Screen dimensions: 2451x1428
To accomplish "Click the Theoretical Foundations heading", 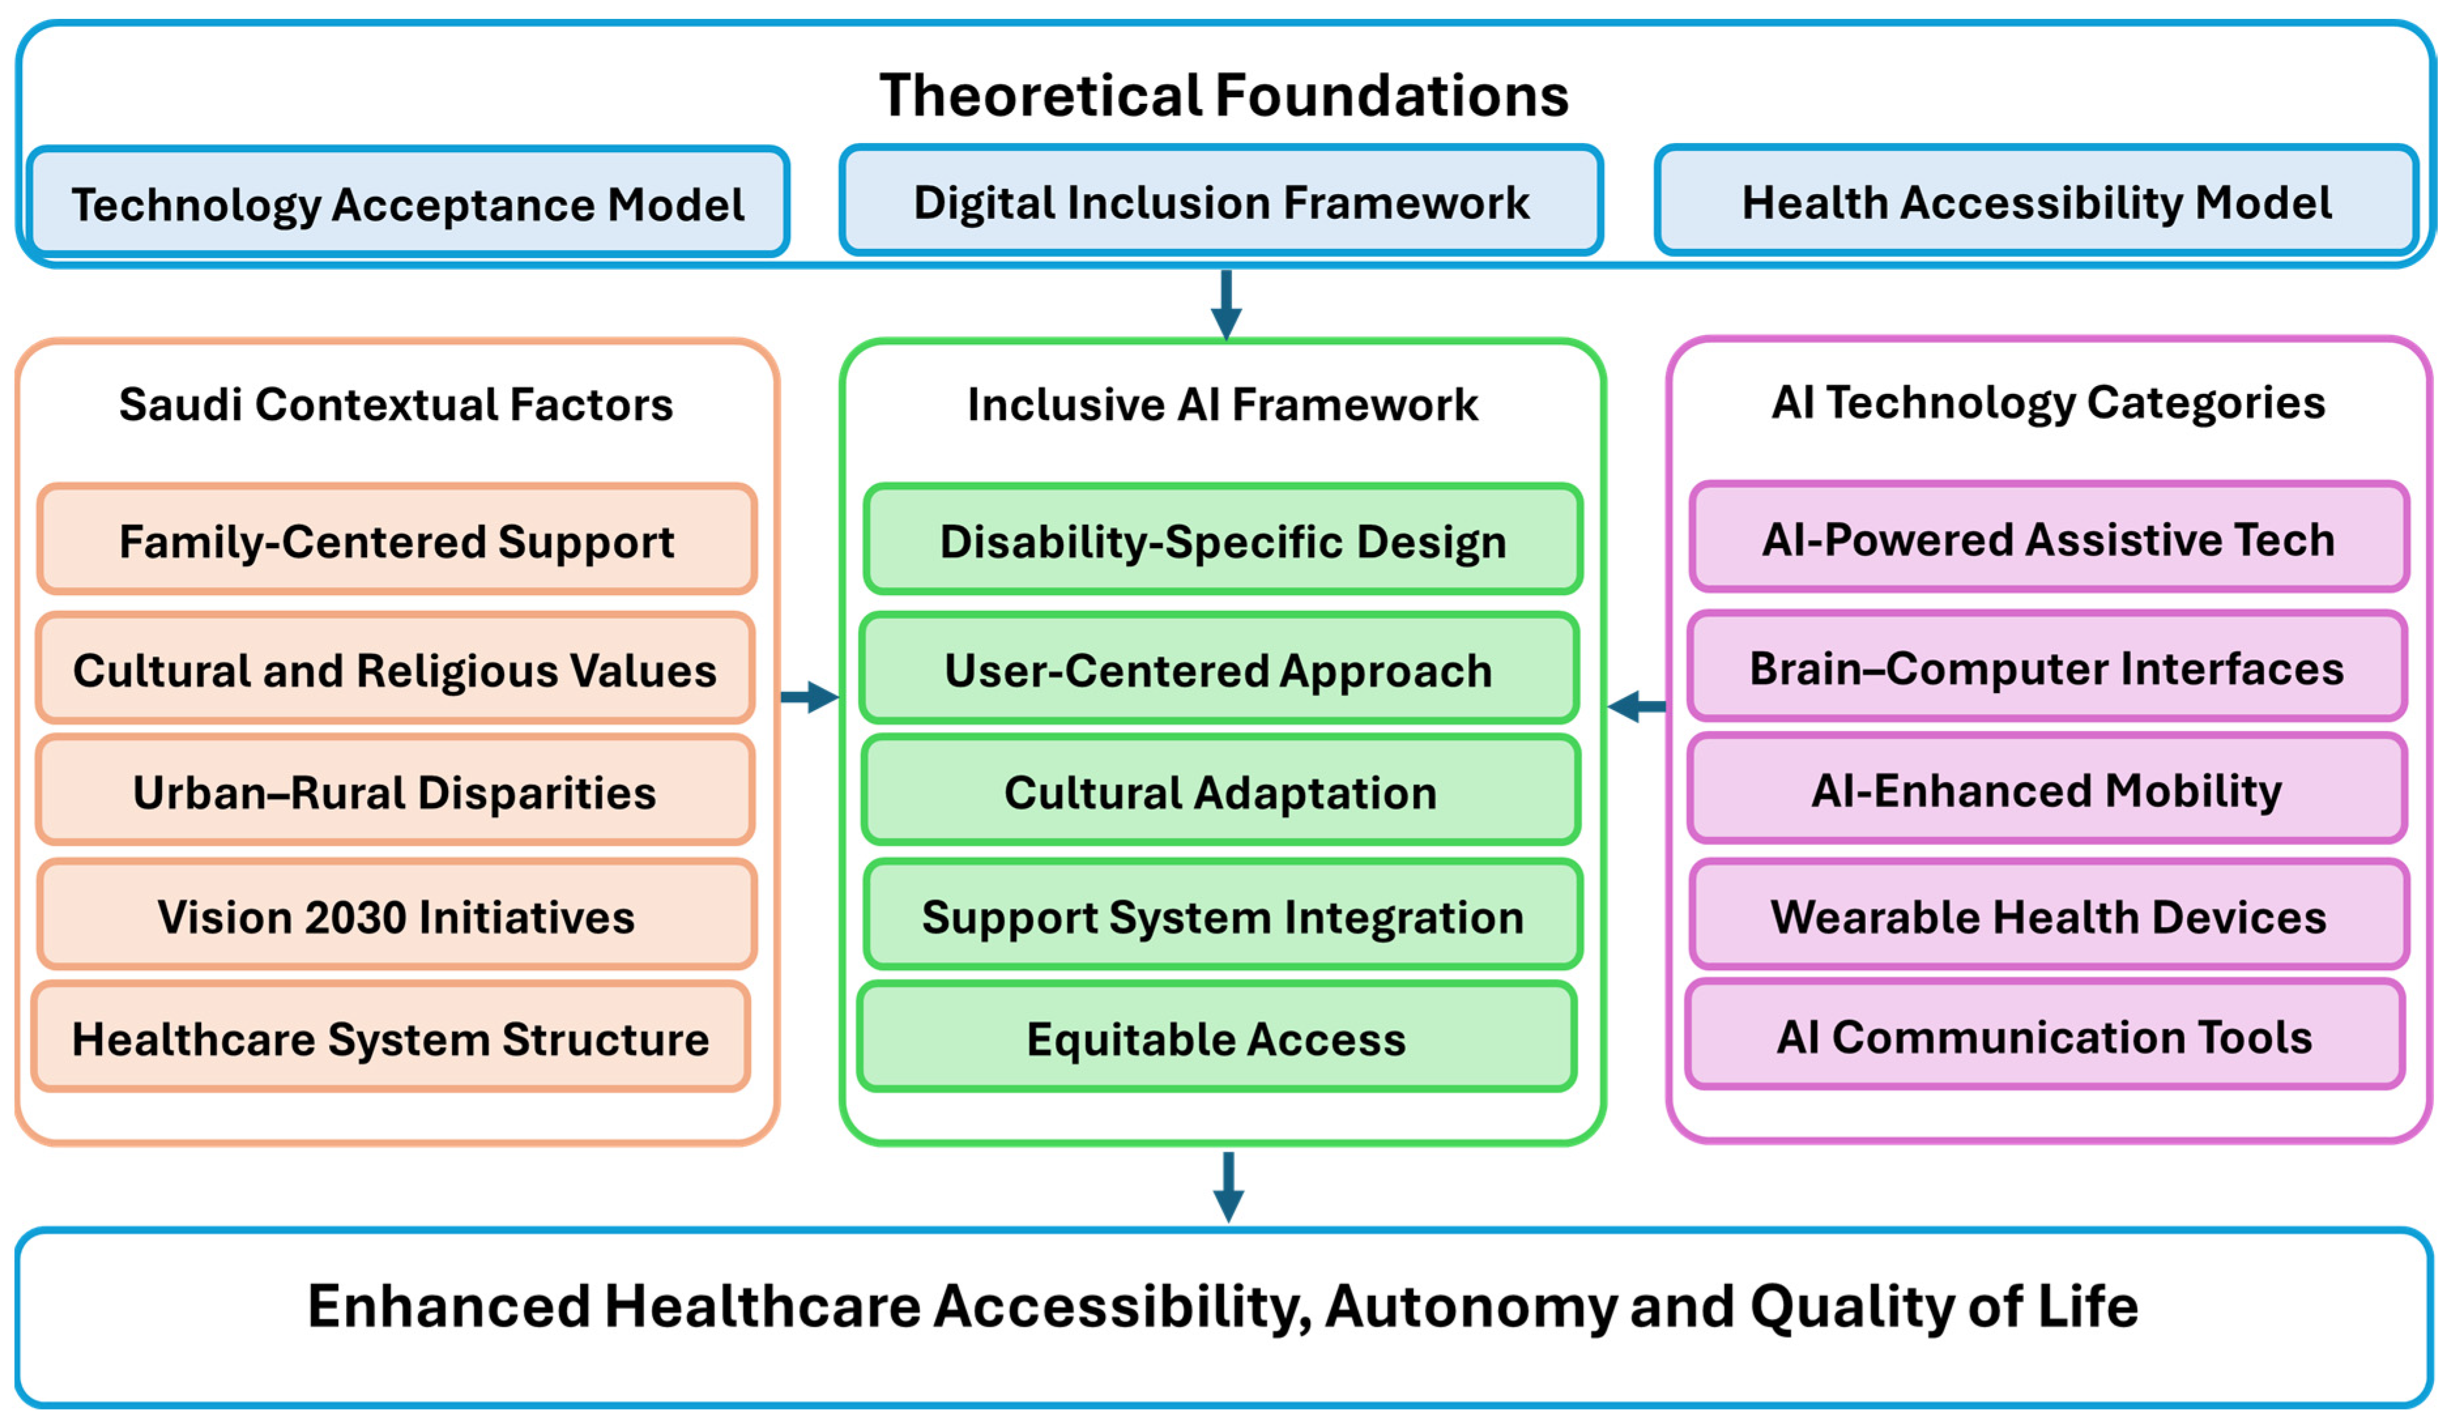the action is [1224, 95].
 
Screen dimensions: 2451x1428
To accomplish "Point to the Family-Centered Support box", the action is [397, 539].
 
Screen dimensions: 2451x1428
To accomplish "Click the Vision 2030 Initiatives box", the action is [397, 915].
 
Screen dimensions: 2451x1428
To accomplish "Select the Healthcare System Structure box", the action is [391, 1037].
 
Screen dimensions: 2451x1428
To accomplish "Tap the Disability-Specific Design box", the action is [1223, 539].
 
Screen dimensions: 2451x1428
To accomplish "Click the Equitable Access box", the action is [1217, 1037].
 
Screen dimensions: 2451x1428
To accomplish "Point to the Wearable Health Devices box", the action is [2048, 915].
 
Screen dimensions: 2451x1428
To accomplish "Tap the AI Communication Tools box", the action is [2044, 1035].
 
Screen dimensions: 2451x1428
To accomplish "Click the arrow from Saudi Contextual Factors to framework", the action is [809, 696].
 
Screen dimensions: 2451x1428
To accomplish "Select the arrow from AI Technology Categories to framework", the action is [1636, 706].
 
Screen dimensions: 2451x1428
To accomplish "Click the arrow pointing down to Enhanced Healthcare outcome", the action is [1228, 1187].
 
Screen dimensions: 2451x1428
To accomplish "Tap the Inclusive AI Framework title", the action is [1223, 404].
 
